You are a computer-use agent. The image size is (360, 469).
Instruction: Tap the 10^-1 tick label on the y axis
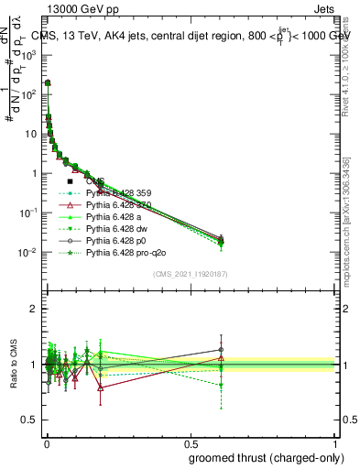[x=27, y=213]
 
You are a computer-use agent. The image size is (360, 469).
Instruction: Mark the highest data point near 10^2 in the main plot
[x=48, y=82]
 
